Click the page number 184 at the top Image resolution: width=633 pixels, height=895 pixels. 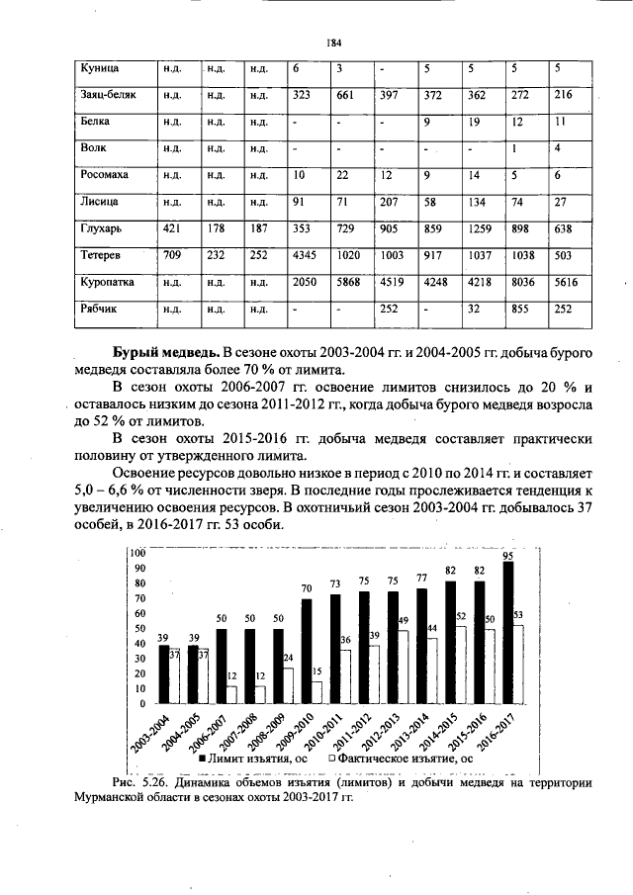click(x=333, y=43)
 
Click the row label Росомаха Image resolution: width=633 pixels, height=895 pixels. click(x=104, y=175)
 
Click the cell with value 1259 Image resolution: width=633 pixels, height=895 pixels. click(x=482, y=228)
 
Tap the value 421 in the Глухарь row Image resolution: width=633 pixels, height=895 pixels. click(x=173, y=228)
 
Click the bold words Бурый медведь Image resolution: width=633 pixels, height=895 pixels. click(x=164, y=353)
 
